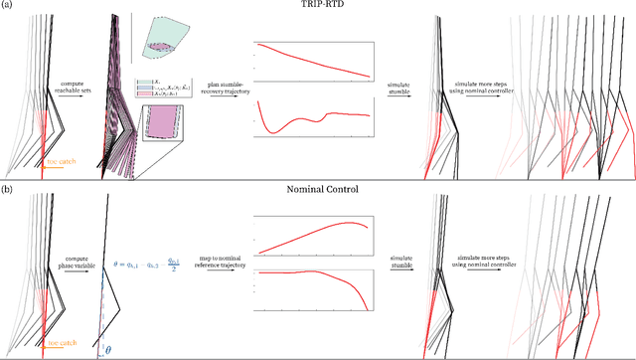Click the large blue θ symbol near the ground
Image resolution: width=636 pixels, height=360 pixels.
click(108, 348)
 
